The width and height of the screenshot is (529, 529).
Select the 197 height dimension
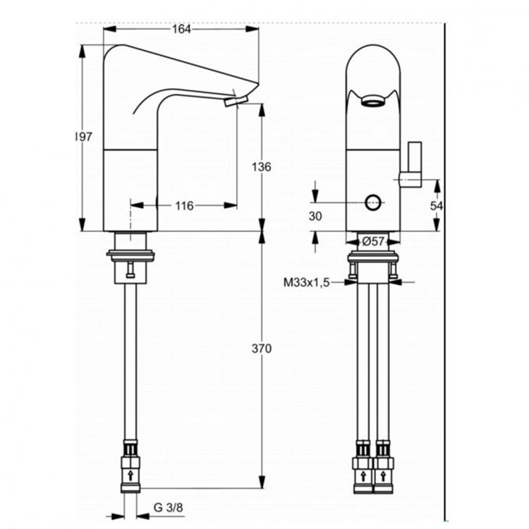pyautogui.click(x=84, y=138)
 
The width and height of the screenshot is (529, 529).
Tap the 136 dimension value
pyautogui.click(x=261, y=167)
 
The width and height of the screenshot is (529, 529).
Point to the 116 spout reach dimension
pyautogui.click(x=184, y=206)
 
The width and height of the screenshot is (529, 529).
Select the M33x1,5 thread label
pyautogui.click(x=307, y=282)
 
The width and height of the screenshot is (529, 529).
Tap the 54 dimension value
pyautogui.click(x=437, y=206)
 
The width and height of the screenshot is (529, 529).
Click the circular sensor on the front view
pyautogui.click(x=372, y=205)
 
